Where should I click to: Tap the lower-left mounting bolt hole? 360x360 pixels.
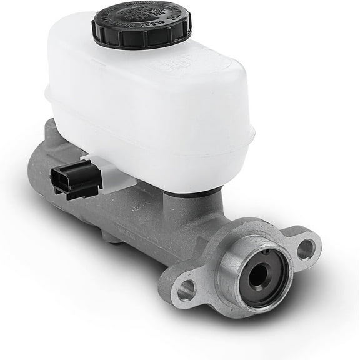click(x=186, y=290)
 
